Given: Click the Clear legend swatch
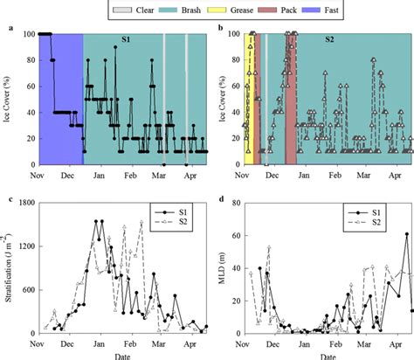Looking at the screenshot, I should coord(124,8).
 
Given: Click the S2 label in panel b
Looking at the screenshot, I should coord(330,41).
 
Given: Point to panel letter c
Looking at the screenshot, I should coord(10,203).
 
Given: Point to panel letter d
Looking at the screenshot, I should coord(217,203).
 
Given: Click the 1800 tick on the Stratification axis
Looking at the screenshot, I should coord(26,204).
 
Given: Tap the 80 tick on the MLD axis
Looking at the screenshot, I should coord(234,204).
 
